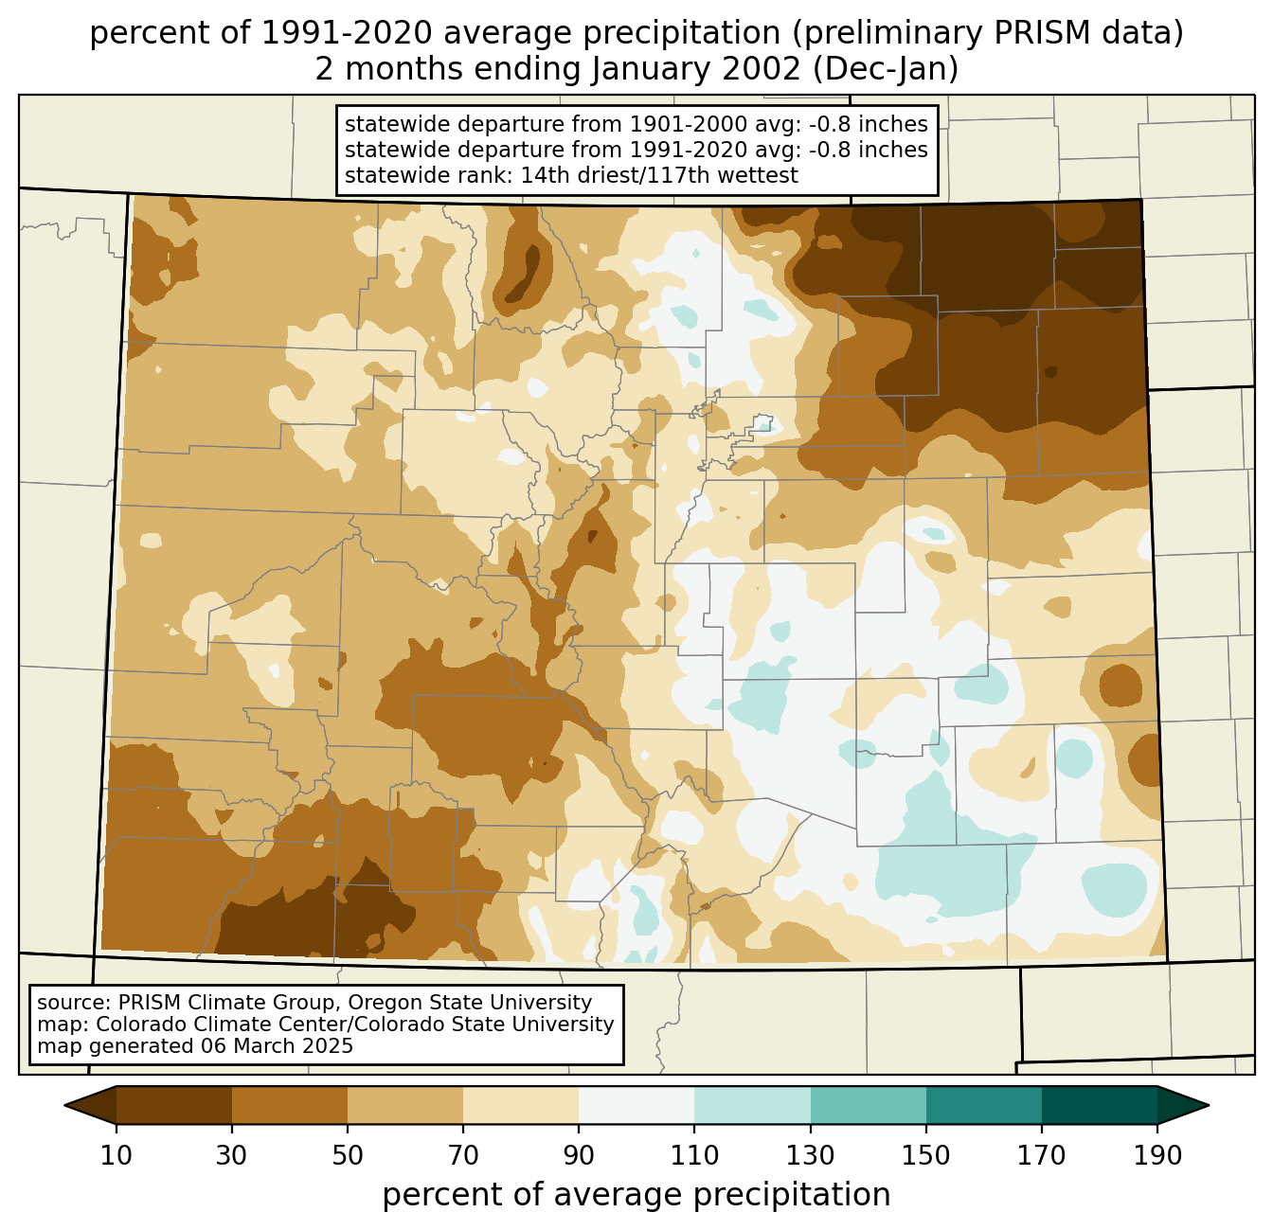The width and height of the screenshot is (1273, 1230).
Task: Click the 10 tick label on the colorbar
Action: point(117,1155)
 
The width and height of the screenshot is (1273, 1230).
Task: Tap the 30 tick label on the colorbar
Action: point(232,1155)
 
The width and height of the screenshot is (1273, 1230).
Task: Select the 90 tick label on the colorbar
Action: point(579,1155)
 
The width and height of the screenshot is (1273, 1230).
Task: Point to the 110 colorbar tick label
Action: point(694,1155)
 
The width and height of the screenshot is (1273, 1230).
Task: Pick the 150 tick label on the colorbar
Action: point(926,1155)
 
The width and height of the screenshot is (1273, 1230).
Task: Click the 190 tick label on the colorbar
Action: point(1157,1155)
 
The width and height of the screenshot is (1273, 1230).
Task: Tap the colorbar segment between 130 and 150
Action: point(869,1105)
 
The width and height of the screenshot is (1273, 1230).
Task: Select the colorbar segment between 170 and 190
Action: point(1100,1105)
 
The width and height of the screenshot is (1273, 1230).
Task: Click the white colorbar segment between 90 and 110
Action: point(636,1105)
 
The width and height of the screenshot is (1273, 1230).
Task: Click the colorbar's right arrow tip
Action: point(1208,1105)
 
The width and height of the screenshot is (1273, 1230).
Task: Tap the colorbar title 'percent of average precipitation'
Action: point(636,1195)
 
